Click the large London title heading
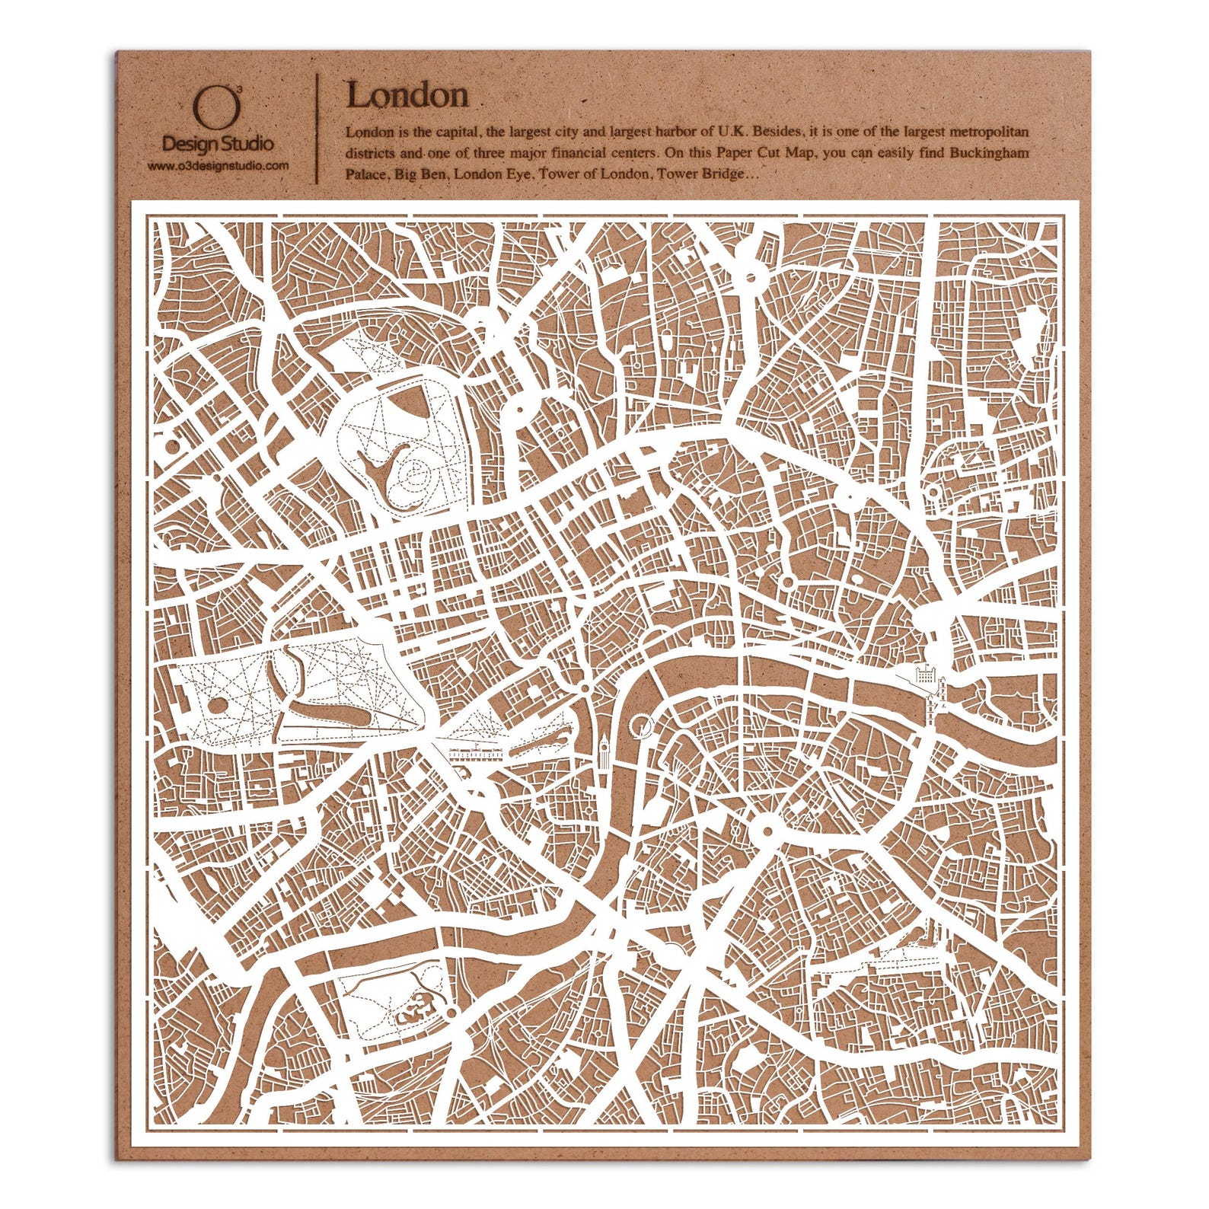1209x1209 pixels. click(x=407, y=95)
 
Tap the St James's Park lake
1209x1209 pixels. click(x=548, y=744)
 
